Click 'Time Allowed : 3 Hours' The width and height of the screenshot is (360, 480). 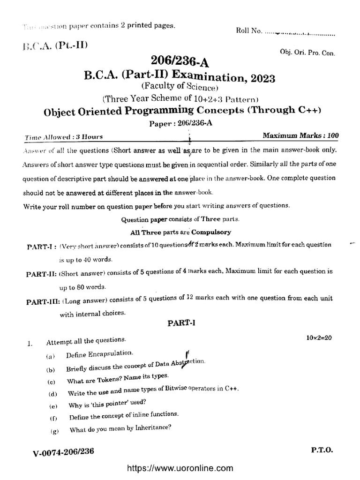point(64,137)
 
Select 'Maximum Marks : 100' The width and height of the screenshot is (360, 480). point(300,136)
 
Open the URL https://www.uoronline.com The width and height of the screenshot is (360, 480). point(180,468)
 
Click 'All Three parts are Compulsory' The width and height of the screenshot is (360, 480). point(180,232)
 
